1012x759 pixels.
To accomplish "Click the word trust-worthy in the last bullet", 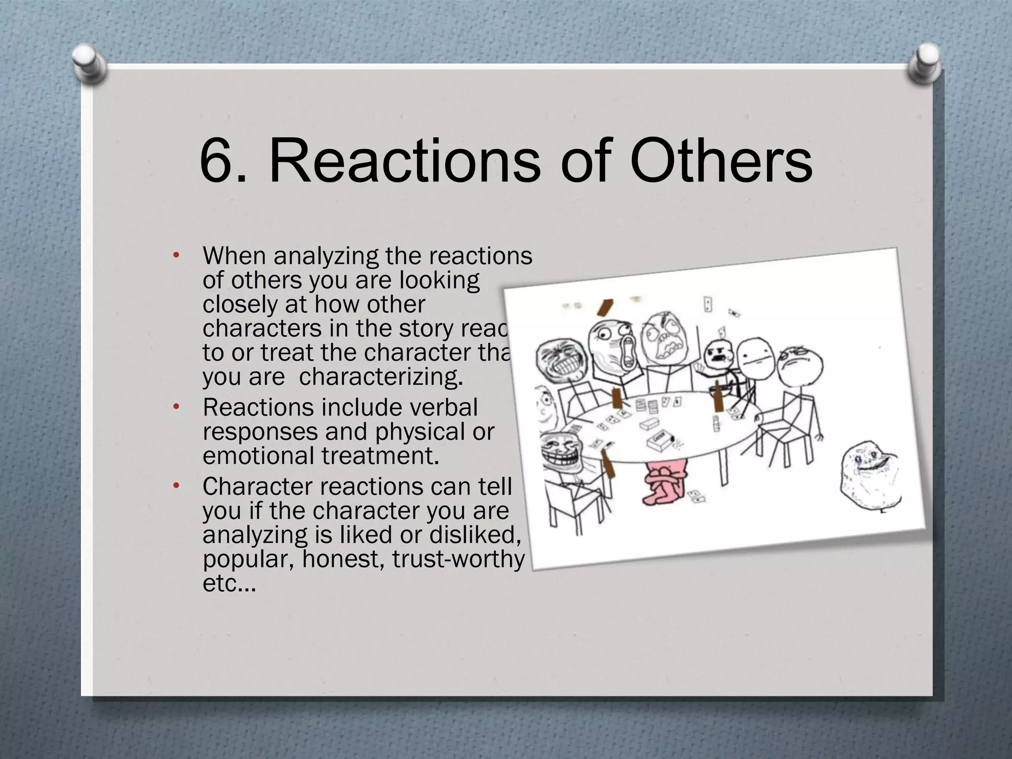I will click(459, 559).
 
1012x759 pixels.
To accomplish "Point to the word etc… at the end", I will click(229, 584).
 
